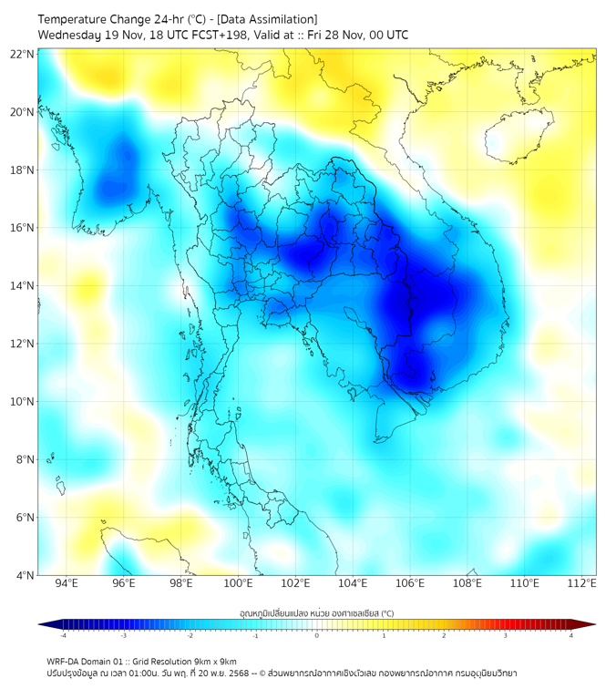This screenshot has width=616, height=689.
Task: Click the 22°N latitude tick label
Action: (23, 54)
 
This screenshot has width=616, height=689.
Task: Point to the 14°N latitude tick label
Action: (23, 286)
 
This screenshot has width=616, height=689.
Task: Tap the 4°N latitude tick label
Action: (26, 575)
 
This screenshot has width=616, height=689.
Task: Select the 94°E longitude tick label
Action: (67, 583)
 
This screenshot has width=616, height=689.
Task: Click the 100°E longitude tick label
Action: (238, 583)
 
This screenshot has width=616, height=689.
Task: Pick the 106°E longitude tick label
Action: (410, 583)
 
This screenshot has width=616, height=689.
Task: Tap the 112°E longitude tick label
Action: (582, 583)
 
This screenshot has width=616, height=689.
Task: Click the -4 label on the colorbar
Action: (63, 635)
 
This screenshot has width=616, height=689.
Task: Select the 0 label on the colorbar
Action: (317, 635)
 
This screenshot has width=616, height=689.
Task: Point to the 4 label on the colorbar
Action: (571, 635)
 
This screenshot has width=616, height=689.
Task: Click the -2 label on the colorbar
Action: (190, 635)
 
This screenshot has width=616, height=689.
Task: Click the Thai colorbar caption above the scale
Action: (316, 613)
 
